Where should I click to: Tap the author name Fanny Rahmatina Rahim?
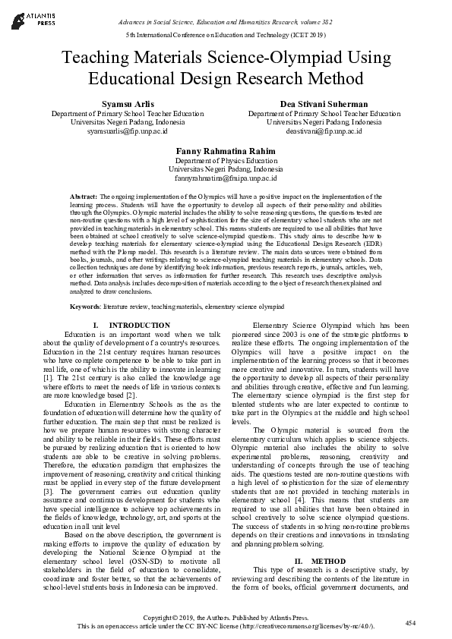(x=226, y=150)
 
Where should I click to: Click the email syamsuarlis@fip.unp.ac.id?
(x=127, y=131)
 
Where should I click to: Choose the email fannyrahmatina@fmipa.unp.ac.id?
(x=226, y=178)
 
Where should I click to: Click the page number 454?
(x=411, y=622)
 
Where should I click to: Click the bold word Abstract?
(x=83, y=196)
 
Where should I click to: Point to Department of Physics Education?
(x=226, y=160)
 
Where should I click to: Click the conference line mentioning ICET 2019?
(x=226, y=36)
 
